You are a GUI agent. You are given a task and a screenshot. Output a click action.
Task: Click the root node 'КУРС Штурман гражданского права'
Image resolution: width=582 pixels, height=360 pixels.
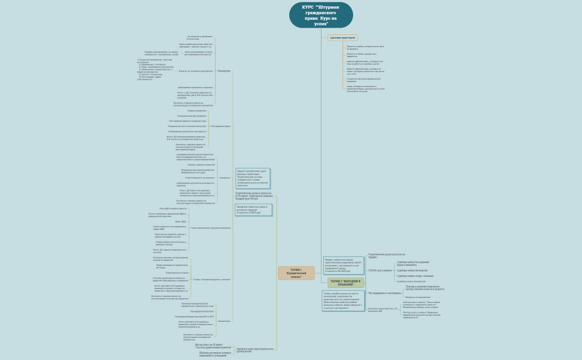321,16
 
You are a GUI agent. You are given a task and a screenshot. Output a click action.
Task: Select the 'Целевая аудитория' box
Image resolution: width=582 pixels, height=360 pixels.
342,38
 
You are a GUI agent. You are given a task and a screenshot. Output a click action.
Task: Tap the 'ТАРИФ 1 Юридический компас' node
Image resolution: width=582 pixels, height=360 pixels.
296,273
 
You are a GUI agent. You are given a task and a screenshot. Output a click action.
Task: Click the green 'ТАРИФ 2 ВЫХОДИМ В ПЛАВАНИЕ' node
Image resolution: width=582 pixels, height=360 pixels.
345,283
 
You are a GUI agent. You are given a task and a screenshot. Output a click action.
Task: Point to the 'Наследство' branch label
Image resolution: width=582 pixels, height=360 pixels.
224,71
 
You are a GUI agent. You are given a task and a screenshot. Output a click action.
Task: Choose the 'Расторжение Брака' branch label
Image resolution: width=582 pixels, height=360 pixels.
221,126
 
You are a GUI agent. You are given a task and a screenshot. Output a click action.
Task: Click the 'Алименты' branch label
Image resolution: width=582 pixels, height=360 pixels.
224,178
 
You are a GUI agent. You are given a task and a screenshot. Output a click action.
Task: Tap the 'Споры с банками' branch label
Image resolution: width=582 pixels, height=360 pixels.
212,280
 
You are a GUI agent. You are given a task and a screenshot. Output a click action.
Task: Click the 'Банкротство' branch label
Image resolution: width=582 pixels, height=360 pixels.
224,321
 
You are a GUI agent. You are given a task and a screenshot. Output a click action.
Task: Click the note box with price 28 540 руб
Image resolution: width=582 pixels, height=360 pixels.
344,265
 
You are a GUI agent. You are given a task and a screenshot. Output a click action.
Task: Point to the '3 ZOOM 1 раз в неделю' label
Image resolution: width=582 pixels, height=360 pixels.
380,270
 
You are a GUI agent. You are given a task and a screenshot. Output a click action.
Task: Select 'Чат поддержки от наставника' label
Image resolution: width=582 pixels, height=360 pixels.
384,293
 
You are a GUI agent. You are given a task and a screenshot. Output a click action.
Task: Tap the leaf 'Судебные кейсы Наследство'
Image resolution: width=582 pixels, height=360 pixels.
412,271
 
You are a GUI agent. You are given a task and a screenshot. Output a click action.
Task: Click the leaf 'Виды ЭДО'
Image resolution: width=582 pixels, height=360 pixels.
181,222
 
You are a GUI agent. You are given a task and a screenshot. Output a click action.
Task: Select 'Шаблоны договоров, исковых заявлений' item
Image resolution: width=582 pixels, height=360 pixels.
213,354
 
